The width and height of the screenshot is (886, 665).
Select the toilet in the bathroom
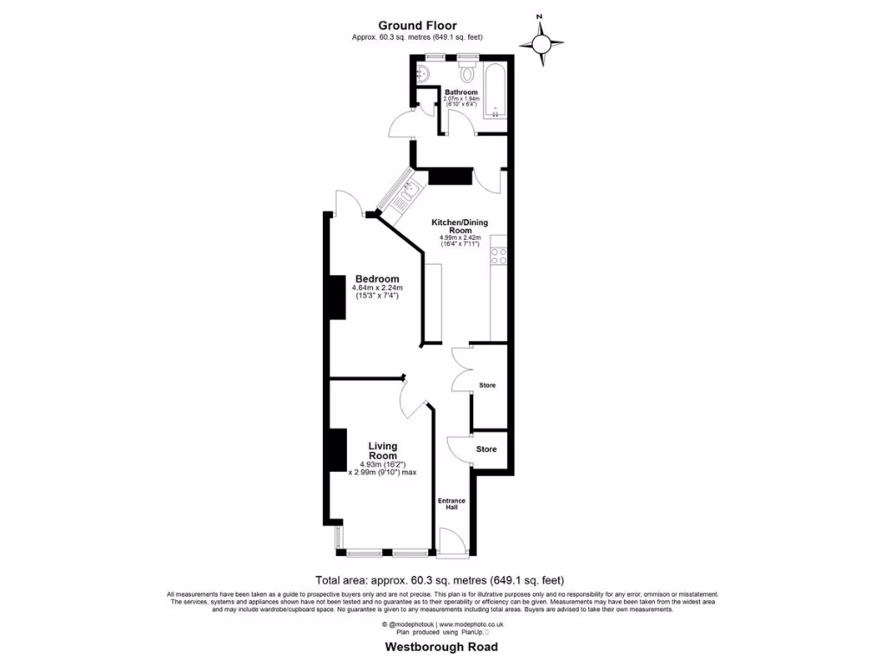click(x=468, y=69)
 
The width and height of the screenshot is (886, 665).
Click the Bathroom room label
click(x=460, y=92)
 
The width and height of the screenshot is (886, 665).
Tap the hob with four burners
click(x=498, y=255)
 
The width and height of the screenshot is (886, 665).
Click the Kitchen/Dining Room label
click(x=459, y=226)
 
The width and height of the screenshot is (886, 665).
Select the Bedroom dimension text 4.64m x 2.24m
click(x=378, y=288)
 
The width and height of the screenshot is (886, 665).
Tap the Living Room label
click(x=382, y=451)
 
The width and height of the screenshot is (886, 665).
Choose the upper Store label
click(x=487, y=384)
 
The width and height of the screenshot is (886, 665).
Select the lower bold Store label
click(x=487, y=449)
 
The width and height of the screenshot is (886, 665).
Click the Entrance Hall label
click(x=451, y=504)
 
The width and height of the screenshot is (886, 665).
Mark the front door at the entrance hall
click(x=452, y=545)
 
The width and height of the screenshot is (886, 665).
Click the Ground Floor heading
click(x=417, y=26)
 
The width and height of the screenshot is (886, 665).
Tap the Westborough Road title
click(x=441, y=647)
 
